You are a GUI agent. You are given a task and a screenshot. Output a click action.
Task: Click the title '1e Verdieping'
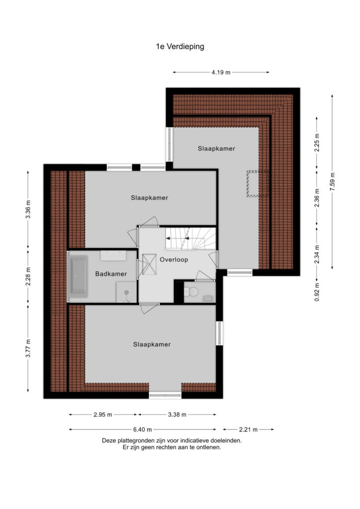click(x=180, y=46)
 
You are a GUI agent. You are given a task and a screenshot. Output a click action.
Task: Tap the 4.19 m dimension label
click(x=221, y=73)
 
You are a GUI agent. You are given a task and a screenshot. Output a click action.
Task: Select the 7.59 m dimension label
click(x=332, y=182)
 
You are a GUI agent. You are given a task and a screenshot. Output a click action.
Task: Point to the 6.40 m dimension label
click(x=143, y=429)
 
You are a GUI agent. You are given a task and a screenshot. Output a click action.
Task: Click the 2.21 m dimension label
click(x=248, y=429)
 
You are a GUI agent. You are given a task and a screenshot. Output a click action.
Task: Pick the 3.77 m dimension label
click(x=28, y=348)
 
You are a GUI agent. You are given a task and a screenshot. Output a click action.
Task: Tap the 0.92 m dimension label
click(x=317, y=292)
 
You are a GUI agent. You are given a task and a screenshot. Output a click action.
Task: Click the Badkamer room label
click(x=111, y=274)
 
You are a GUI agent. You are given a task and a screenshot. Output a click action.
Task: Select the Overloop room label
click(x=174, y=259)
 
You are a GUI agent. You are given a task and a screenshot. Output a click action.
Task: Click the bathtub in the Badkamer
click(x=79, y=276)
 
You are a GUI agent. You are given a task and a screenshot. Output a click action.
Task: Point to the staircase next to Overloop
click(x=190, y=238)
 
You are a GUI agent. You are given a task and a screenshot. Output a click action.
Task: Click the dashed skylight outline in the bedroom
click(x=258, y=184)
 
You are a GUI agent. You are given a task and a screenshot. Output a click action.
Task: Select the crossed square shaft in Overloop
click(x=149, y=264)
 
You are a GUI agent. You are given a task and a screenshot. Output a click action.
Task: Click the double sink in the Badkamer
click(x=113, y=255)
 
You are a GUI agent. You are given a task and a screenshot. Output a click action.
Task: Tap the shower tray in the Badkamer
click(x=127, y=292)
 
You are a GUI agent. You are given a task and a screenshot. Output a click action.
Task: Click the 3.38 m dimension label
click(x=177, y=415)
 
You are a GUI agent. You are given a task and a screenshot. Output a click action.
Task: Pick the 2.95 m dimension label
click(x=103, y=415)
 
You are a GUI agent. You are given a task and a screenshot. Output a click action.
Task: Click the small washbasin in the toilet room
click(x=208, y=298)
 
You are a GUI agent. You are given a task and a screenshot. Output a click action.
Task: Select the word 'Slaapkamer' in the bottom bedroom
click(x=152, y=344)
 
